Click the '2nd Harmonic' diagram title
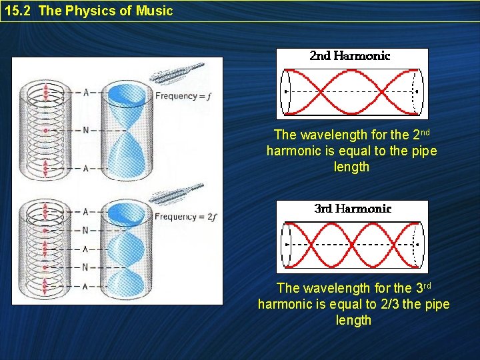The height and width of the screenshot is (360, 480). [350, 56]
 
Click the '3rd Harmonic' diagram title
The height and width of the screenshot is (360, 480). [353, 209]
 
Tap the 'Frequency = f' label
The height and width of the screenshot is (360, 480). [183, 96]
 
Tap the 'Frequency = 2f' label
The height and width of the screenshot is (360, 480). [185, 217]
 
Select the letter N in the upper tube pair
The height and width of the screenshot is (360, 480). [85, 130]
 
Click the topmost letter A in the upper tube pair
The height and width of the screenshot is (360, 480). [85, 92]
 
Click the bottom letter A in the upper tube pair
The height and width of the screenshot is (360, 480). [85, 168]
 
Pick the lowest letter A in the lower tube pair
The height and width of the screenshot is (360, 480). [85, 286]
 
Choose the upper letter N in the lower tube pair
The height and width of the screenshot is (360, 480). [85, 230]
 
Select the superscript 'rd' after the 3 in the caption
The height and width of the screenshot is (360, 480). [427, 285]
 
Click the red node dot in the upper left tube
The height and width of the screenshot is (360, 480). [45, 130]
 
